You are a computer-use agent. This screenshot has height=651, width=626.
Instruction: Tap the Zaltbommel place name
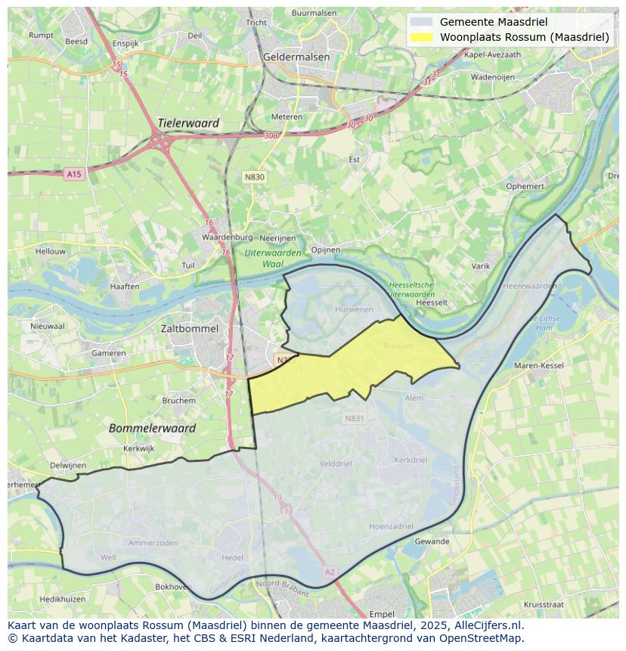click(189, 329)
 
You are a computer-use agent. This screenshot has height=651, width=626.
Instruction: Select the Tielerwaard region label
click(188, 123)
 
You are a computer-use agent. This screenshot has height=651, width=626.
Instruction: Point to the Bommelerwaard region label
click(152, 428)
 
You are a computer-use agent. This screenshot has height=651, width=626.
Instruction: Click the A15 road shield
click(73, 175)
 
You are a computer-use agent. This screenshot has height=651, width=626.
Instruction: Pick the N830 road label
click(255, 177)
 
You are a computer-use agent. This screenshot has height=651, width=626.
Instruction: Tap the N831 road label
click(354, 418)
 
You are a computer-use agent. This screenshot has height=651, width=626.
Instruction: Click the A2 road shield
click(329, 572)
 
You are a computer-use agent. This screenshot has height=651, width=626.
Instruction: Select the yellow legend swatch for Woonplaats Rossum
click(421, 37)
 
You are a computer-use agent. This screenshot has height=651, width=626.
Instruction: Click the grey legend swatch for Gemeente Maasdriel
click(421, 22)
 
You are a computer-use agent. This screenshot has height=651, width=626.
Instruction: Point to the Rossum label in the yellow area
click(398, 346)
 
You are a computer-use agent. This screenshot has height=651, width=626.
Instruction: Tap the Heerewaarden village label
click(529, 287)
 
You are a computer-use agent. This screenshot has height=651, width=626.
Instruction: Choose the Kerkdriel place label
click(411, 460)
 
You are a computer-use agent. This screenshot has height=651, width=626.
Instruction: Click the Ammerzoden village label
click(153, 543)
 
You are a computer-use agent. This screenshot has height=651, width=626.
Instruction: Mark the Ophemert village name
click(525, 186)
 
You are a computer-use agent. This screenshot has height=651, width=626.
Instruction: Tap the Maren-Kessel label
click(539, 366)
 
